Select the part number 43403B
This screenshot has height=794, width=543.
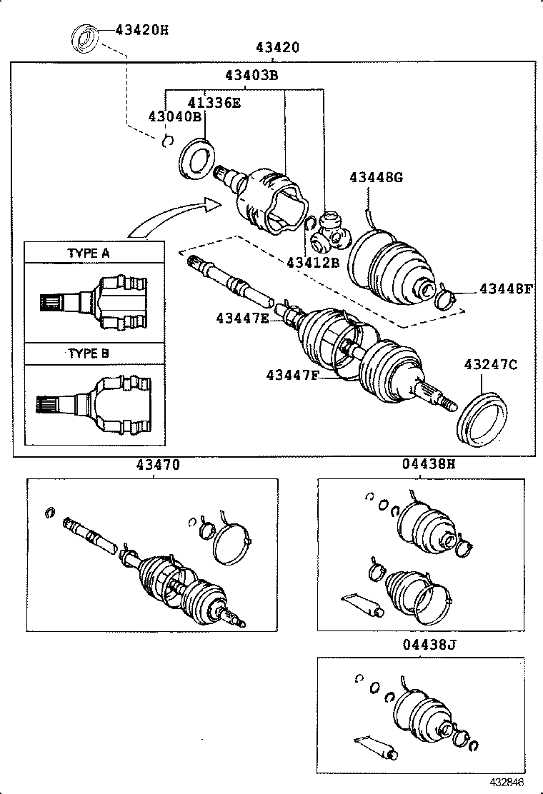251,76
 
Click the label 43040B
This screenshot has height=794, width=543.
174,117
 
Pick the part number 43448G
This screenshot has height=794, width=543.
376,177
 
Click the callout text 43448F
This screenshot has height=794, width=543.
506,289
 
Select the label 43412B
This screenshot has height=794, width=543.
313,262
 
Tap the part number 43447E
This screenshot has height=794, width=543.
242,318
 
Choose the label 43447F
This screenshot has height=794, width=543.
292,375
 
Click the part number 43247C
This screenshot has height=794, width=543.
490,365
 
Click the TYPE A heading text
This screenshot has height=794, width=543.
89,253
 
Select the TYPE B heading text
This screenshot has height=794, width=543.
89,353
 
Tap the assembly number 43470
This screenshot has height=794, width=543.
154,465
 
